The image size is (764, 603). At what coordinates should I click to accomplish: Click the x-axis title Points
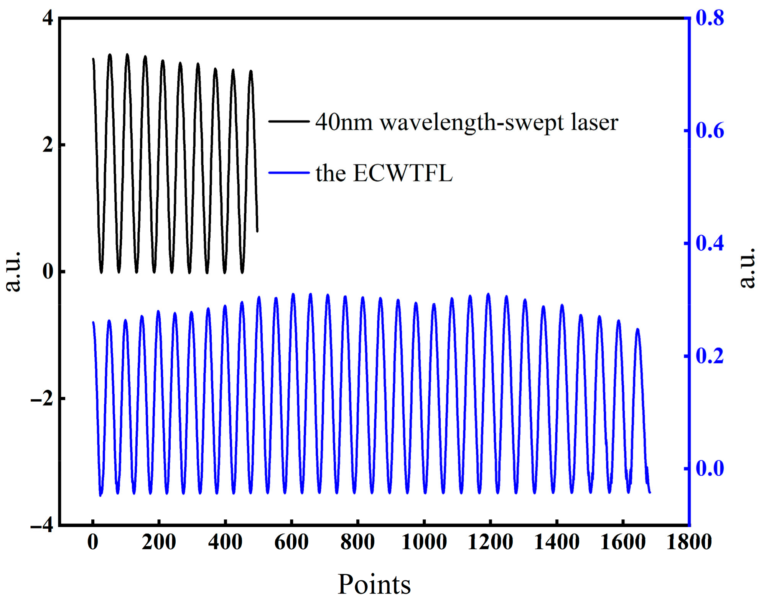(374, 584)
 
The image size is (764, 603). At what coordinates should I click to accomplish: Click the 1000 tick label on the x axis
(424, 542)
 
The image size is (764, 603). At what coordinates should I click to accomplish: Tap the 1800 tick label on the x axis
(689, 542)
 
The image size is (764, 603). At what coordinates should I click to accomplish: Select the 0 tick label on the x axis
(93, 542)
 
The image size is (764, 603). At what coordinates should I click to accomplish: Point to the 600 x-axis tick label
(291, 542)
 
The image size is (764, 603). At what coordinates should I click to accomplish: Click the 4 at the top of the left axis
(48, 18)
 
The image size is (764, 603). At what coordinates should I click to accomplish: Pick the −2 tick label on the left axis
(42, 399)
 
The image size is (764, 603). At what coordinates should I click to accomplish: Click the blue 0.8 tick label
(710, 18)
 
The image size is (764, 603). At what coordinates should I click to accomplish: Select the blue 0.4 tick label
(710, 243)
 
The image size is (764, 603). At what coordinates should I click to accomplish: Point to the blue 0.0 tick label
(710, 468)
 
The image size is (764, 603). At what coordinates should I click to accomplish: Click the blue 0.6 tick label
(710, 131)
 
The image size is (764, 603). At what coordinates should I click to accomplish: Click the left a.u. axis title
(13, 271)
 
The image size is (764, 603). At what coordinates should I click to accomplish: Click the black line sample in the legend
(289, 121)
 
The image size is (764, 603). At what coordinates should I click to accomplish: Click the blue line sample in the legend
(289, 173)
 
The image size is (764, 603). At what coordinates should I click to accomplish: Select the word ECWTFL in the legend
(402, 173)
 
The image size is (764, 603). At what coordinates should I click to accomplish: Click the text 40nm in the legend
(344, 123)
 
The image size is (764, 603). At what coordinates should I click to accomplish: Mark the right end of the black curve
(257, 231)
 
